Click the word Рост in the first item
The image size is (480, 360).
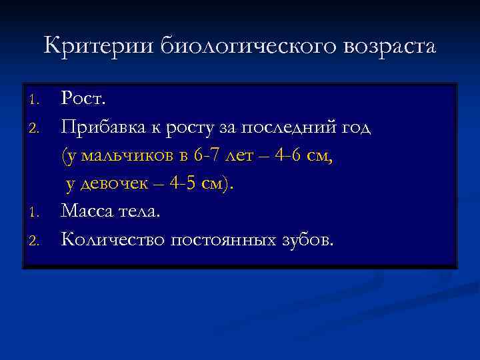click(x=82, y=99)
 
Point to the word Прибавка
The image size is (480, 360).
click(x=100, y=127)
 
